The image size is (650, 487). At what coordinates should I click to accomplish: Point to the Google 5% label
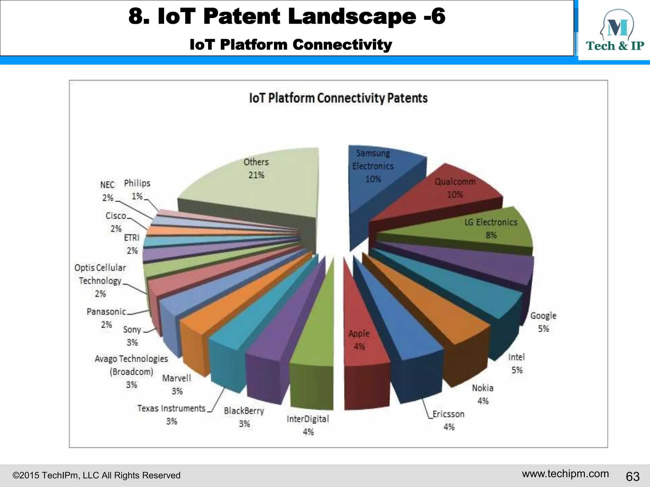click(543, 322)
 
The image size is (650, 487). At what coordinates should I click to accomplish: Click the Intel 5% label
click(516, 364)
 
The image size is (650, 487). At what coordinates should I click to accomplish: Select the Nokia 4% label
click(483, 394)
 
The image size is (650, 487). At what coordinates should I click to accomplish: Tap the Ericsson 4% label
click(448, 420)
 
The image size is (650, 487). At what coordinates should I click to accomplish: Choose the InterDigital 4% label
click(308, 425)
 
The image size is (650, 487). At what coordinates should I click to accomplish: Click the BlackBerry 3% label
click(244, 417)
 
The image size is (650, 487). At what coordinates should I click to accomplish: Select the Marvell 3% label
click(177, 385)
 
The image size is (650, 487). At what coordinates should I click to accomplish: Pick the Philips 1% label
click(137, 189)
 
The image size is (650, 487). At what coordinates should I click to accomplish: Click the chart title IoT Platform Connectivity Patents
click(338, 98)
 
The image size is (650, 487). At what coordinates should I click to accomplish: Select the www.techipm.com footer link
click(565, 474)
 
